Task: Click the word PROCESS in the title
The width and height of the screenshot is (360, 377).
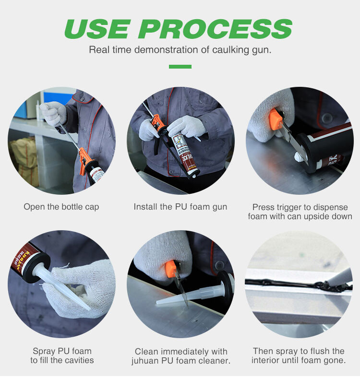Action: (x=216, y=29)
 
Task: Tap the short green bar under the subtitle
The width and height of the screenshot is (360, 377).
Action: (x=180, y=67)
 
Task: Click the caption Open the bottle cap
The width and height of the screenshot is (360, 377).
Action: (x=61, y=207)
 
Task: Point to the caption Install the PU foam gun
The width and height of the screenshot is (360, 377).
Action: (x=180, y=207)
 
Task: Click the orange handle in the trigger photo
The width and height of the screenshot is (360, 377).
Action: (x=276, y=119)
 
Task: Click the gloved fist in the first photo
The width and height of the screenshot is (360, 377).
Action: (x=54, y=113)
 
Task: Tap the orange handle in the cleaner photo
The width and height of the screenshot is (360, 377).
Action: (x=171, y=268)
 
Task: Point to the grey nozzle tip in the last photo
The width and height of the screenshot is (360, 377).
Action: (x=339, y=276)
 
